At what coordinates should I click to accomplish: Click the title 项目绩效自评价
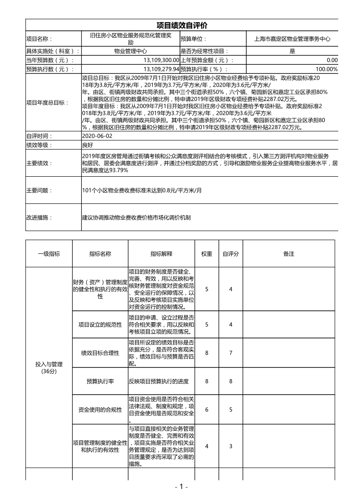coord(182,25)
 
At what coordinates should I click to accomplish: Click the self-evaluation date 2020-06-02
coord(96,136)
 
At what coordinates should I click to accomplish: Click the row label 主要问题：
coord(39,191)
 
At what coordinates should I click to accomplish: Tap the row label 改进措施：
coord(39,217)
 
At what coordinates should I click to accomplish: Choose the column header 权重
coord(207,254)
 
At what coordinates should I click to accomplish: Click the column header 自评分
coord(231,254)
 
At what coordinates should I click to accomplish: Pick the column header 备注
coord(289,254)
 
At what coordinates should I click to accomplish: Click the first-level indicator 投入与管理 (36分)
coord(49,367)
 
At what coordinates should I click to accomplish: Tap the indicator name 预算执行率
coord(100,381)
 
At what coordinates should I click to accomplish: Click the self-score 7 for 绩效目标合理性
coord(231,353)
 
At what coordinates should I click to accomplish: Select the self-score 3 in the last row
coord(231,446)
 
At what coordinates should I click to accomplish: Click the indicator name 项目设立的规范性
coord(100,324)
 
